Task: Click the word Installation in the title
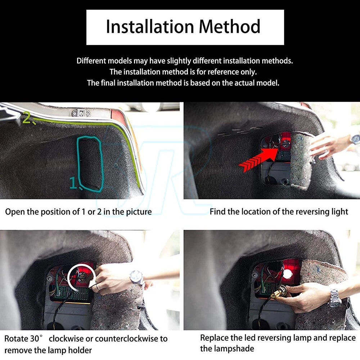pyautogui.click(x=150, y=27)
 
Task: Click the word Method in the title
pyautogui.click(x=230, y=27)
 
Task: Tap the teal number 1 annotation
pyautogui.click(x=73, y=183)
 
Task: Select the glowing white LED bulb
pyautogui.click(x=287, y=274)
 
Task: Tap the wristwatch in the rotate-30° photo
pyautogui.click(x=136, y=277)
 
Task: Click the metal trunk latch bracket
pyautogui.click(x=81, y=113)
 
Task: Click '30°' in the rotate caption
pyautogui.click(x=36, y=338)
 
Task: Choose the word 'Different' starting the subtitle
pyautogui.click(x=91, y=61)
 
